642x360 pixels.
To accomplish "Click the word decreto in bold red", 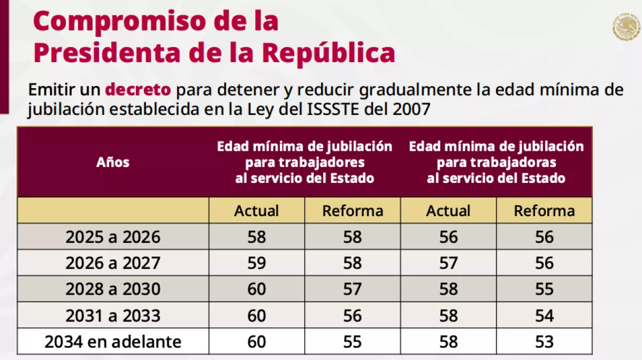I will (138, 89).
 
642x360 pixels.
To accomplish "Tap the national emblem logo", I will (625, 27).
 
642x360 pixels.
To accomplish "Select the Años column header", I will (113, 162).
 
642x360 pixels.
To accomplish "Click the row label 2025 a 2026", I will (113, 237).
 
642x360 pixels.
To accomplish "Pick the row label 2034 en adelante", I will (113, 341).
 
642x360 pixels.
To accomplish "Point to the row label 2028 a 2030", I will (113, 289).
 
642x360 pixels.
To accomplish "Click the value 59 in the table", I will (257, 263).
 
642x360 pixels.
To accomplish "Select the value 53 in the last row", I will (544, 341).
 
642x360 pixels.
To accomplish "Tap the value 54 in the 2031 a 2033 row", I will (544, 316).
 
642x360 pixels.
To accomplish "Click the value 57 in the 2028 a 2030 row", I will (353, 289).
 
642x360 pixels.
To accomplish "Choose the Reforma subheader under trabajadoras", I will (544, 211).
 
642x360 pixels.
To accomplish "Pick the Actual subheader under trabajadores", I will (257, 211).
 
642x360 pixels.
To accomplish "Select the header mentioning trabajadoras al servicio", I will (496, 162).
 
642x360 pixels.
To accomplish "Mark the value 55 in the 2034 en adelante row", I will (353, 341).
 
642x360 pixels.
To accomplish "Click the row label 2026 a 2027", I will (113, 263).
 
